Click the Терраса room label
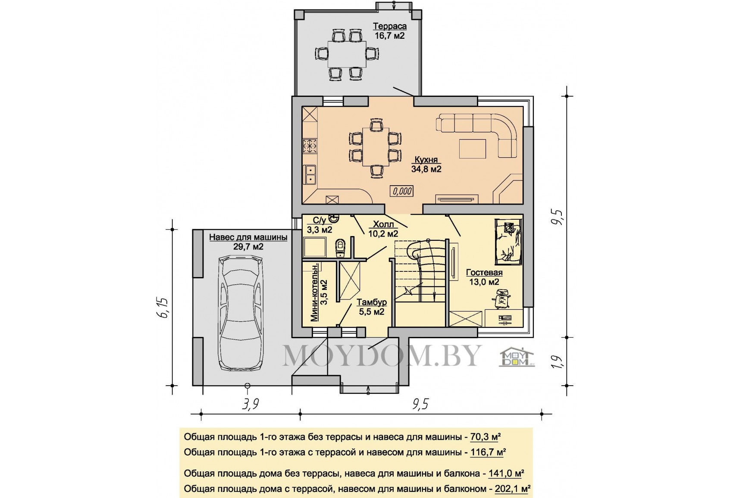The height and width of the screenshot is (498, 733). click(x=390, y=26)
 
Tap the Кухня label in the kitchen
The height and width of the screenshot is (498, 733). click(x=426, y=159)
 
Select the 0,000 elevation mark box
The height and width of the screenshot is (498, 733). click(x=401, y=191)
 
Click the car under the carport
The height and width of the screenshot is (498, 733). click(x=241, y=313)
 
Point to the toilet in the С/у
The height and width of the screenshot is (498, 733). click(x=341, y=247)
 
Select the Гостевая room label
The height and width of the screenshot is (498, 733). click(x=484, y=272)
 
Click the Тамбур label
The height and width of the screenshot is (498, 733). click(x=372, y=302)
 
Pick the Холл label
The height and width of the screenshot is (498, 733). click(x=383, y=224)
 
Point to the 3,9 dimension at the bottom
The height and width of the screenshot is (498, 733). click(x=251, y=405)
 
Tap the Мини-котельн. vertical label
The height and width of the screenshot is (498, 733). click(x=314, y=293)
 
